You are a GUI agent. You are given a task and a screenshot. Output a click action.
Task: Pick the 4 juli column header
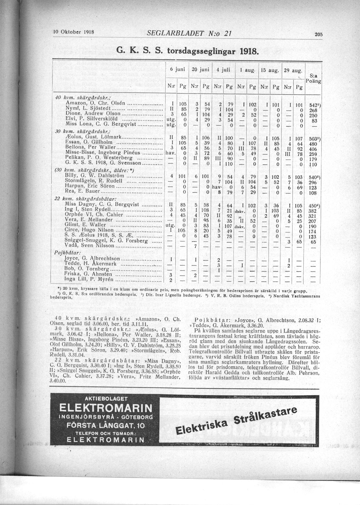click(x=224, y=70)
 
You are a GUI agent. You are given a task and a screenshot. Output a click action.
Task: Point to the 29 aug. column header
click(x=293, y=70)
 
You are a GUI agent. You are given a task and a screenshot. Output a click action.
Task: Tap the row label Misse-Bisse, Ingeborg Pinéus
click(x=103, y=152)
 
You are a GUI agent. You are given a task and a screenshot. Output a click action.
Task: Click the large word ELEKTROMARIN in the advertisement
click(x=105, y=408)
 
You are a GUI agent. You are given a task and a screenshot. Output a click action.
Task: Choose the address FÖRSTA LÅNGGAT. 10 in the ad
click(x=105, y=426)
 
